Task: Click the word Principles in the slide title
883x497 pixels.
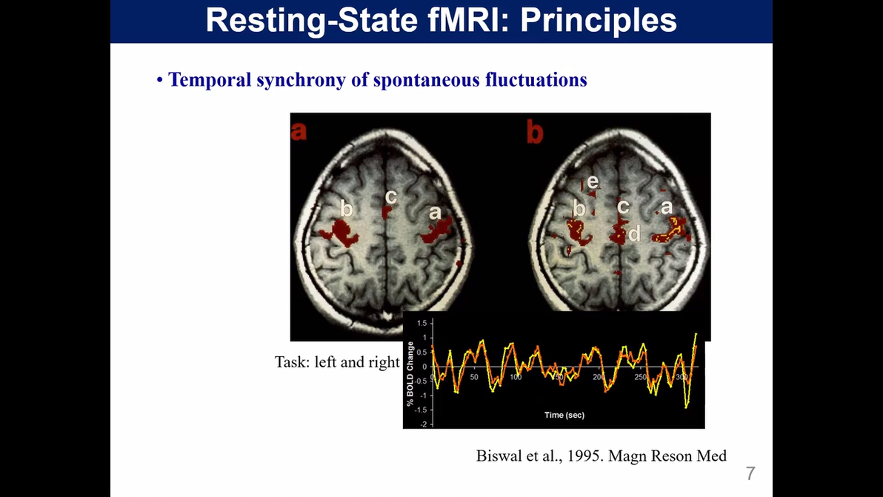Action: click(x=598, y=21)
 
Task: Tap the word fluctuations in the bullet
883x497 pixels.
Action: click(x=536, y=79)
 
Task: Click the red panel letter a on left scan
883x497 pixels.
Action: click(x=299, y=131)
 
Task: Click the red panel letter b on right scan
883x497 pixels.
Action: click(x=534, y=132)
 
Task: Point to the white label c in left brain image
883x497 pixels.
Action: click(x=391, y=197)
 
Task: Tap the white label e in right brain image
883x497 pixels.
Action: click(x=593, y=181)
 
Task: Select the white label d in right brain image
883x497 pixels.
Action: click(x=634, y=235)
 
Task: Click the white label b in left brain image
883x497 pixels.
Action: click(x=345, y=209)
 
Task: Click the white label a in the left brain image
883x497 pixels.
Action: click(x=435, y=213)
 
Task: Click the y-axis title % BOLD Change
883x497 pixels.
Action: click(x=410, y=373)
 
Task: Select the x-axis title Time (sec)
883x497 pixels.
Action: click(x=564, y=415)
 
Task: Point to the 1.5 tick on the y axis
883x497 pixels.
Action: click(x=422, y=324)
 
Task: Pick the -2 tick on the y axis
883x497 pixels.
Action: click(x=424, y=424)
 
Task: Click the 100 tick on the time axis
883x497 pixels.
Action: click(x=516, y=377)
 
